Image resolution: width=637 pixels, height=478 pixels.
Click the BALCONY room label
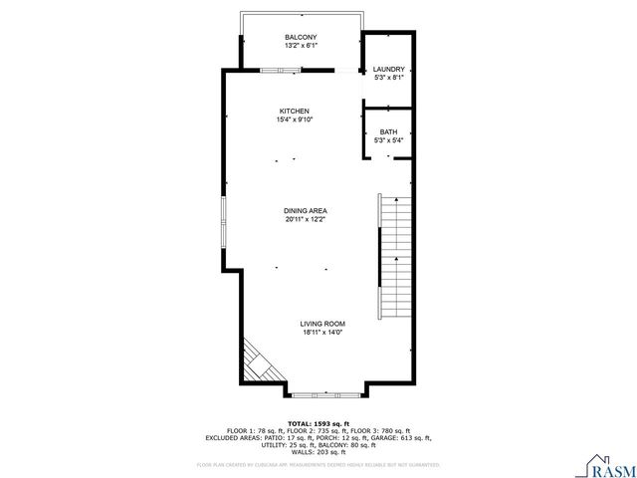tap(301, 37)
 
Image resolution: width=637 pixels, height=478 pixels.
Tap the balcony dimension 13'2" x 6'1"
tap(301, 46)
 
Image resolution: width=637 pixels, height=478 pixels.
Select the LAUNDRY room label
tap(389, 69)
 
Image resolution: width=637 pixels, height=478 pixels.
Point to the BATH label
tap(388, 131)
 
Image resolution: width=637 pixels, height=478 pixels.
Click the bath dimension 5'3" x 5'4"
tap(388, 140)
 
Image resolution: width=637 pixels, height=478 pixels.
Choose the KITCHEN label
tap(294, 111)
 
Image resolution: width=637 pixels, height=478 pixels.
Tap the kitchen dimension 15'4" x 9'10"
tap(294, 119)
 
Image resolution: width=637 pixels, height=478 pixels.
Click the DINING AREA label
tap(306, 210)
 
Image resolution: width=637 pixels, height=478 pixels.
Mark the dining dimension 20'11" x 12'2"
tap(306, 219)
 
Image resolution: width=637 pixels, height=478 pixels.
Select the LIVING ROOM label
tap(322, 324)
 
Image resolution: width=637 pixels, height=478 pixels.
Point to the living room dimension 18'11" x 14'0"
tap(322, 333)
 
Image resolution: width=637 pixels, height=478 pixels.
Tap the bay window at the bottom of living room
tap(327, 392)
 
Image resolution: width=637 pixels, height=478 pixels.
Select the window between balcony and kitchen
tap(281, 71)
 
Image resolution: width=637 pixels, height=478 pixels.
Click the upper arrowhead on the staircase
tap(396, 198)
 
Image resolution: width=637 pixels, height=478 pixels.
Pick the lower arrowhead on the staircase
tap(396, 258)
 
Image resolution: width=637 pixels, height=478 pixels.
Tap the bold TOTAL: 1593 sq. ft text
tap(319, 422)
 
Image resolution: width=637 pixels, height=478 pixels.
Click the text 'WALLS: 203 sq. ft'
tap(319, 450)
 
